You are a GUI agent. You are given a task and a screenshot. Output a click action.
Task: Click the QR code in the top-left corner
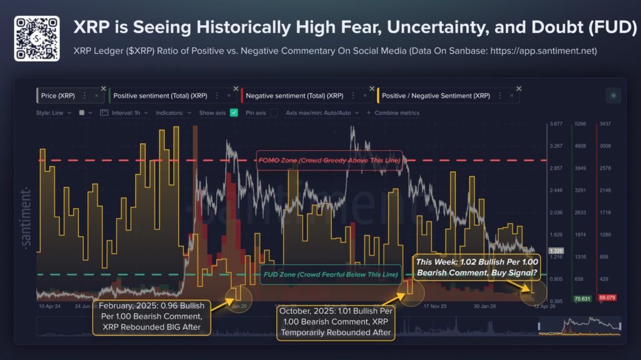click(x=36, y=38)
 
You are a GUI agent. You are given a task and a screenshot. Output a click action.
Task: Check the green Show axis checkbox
click(x=234, y=113)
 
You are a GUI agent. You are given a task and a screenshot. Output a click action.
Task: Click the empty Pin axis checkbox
click(x=274, y=113)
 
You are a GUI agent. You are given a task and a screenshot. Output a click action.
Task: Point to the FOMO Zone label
click(x=329, y=160)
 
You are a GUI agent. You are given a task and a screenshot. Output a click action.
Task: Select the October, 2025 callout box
click(x=336, y=322)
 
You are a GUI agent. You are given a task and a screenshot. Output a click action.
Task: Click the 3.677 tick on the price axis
click(x=555, y=125)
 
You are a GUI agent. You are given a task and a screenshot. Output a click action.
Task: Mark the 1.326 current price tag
click(x=555, y=250)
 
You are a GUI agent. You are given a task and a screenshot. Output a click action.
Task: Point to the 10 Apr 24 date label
click(x=49, y=307)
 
